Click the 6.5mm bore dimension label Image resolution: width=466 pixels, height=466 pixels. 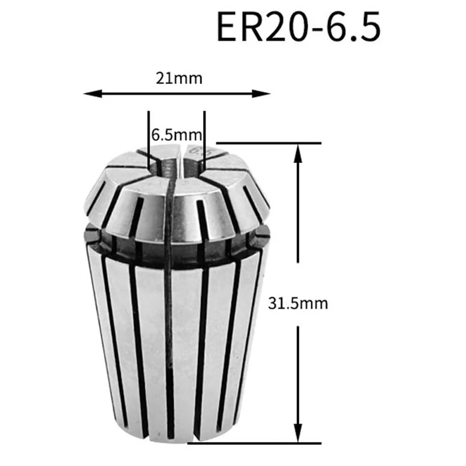tap(176, 135)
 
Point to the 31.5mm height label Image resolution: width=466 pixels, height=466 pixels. tap(298, 303)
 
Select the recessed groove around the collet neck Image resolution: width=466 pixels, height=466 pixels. tap(175, 245)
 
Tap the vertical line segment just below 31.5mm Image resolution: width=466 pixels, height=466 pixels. tap(298, 373)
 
